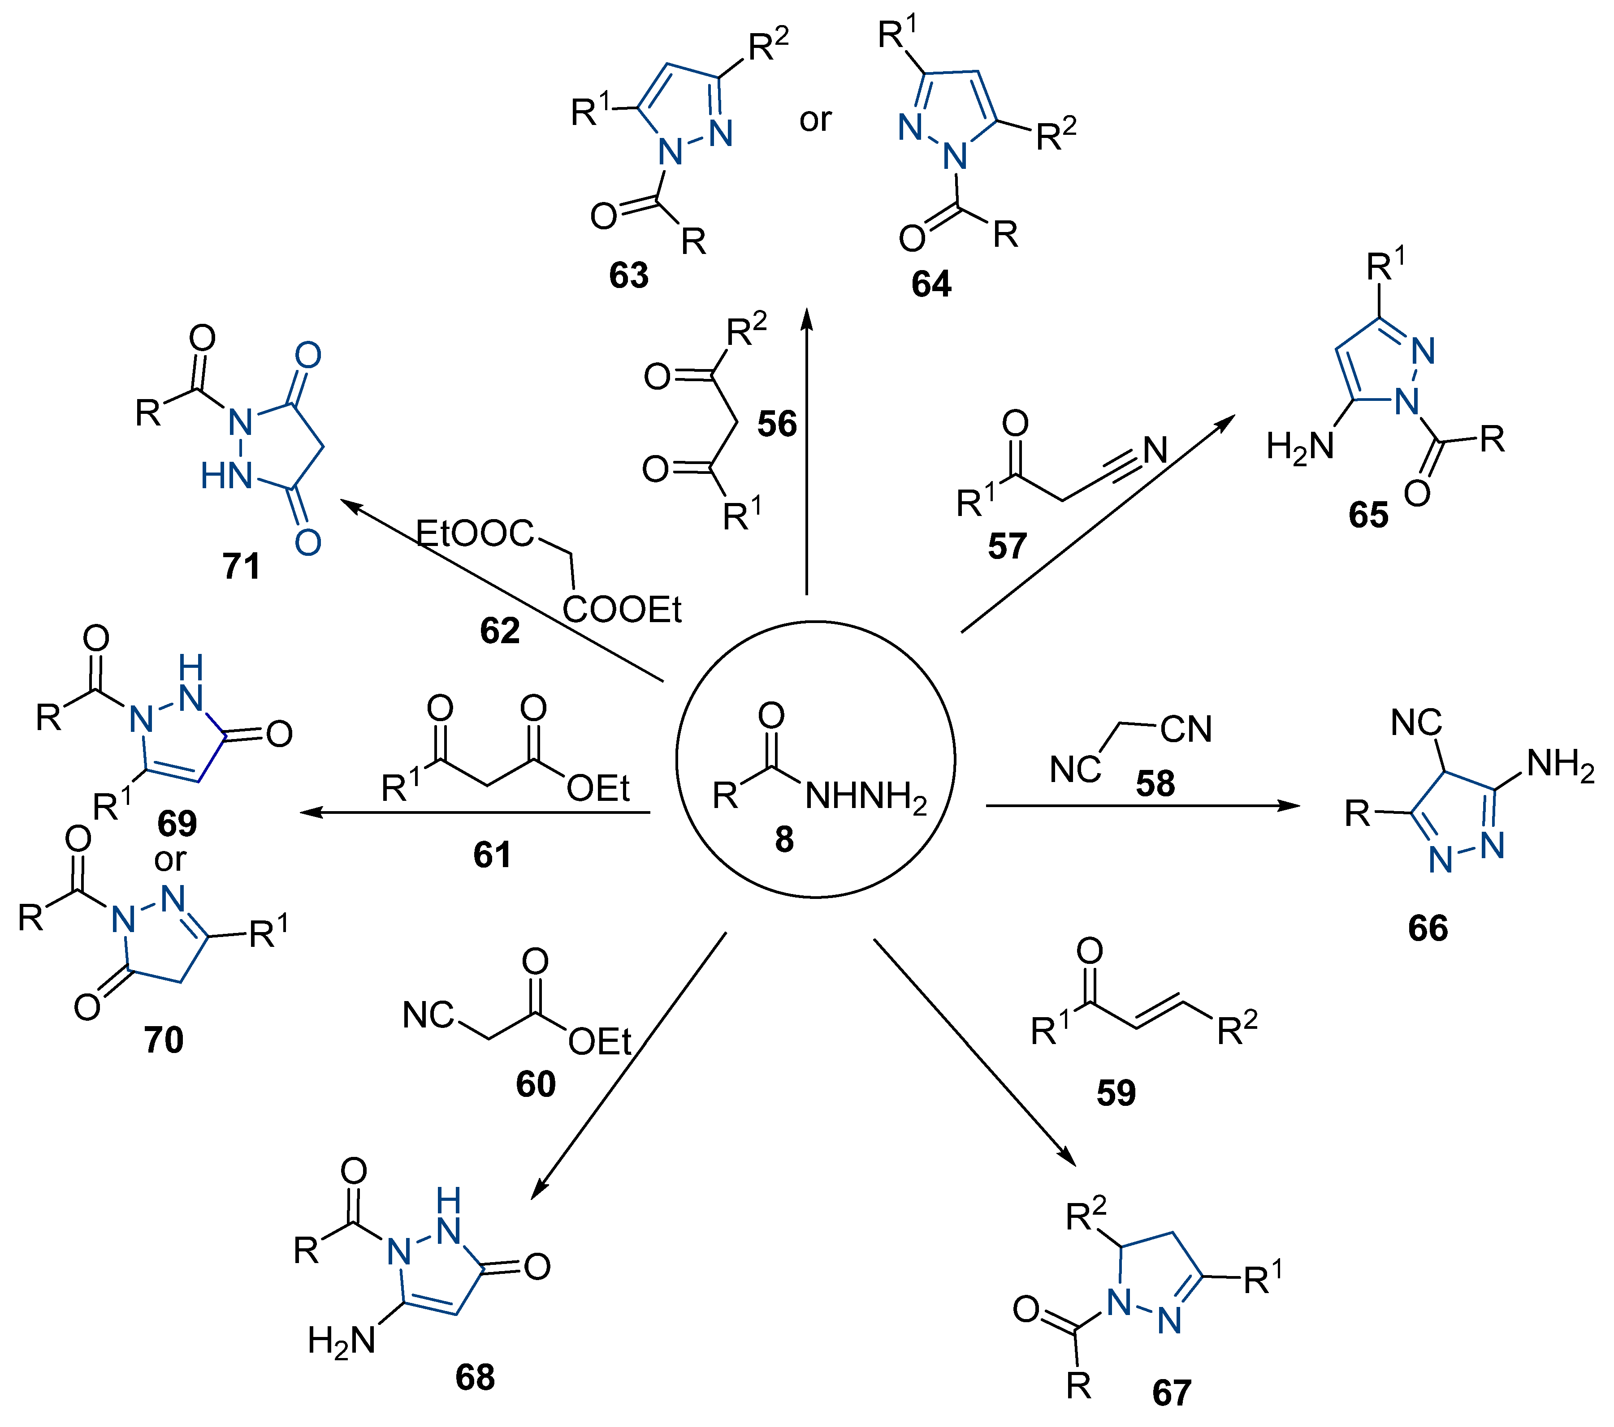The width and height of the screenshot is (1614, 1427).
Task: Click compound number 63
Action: [628, 275]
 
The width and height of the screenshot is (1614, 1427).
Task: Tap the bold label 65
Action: [1368, 515]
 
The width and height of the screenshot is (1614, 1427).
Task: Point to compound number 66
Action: [1428, 928]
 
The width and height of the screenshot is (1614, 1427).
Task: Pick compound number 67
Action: [1172, 1392]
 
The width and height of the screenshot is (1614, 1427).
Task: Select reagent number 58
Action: [1155, 784]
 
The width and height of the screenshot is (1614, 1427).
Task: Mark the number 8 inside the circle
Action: [784, 839]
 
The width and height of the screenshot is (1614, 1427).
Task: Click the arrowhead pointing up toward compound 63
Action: [807, 318]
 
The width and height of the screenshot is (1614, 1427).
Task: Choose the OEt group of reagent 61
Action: [598, 788]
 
